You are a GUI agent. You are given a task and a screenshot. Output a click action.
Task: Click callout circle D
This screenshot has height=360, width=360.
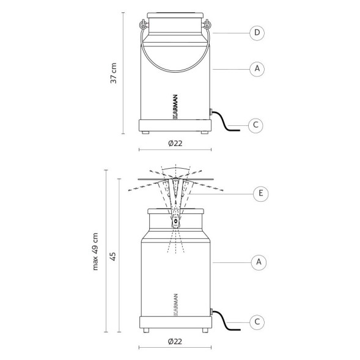257,33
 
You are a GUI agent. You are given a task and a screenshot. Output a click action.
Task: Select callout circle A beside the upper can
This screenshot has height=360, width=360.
257,68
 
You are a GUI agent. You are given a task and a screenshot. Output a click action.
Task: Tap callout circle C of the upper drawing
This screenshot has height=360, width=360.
255,125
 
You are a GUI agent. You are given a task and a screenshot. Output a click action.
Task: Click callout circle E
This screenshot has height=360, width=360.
260,194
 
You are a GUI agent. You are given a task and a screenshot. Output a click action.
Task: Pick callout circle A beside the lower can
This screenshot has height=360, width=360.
259,262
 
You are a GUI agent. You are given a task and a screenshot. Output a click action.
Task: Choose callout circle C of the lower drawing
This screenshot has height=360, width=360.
257,322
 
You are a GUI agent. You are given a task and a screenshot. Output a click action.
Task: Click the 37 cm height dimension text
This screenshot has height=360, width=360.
114,73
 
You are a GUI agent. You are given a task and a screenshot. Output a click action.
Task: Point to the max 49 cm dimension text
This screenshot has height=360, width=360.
95,252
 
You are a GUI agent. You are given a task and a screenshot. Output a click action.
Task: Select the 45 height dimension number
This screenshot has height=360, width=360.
112,257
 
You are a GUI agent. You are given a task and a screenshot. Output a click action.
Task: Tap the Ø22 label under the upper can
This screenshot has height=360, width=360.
175,144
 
